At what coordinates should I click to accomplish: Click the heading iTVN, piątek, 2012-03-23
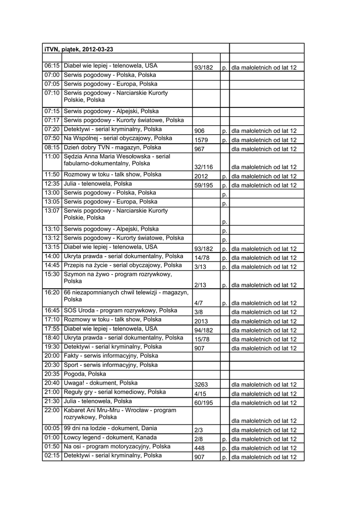pos(79,49)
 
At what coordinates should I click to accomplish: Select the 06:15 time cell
pos(52,66)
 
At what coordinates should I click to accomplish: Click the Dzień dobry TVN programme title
pos(112,148)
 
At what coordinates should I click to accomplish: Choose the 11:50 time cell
pos(52,175)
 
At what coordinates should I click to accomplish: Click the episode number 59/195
pos(204,185)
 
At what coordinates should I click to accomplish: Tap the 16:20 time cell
pos(52,292)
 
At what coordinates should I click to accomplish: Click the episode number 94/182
pos(204,330)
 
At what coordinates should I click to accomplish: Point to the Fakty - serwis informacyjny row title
pos(111,356)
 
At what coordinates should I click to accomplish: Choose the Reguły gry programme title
pos(115,392)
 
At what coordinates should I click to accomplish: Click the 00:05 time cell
pos(52,428)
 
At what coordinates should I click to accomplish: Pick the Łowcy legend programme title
pos(112,437)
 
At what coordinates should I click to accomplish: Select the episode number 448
pos(200,448)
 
